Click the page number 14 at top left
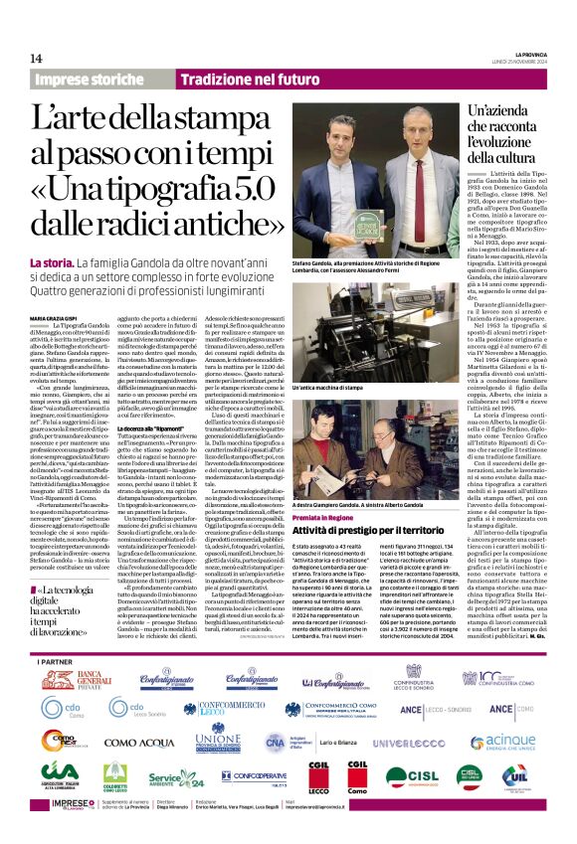[37, 58]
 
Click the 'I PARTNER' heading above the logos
[53, 661]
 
